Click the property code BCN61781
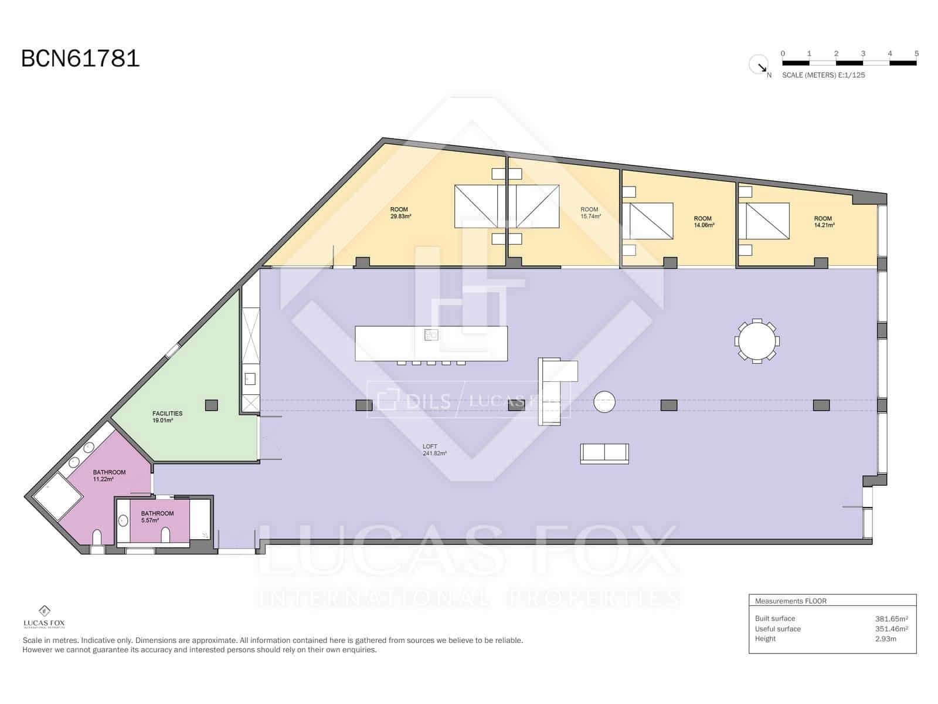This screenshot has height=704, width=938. coord(80,59)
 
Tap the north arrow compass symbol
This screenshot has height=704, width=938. coord(759,65)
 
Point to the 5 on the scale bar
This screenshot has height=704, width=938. coord(916,53)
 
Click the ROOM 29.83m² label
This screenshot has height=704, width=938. coord(400,213)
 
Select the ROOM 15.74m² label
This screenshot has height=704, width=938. coord(590,213)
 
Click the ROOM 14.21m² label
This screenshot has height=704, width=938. coord(823,222)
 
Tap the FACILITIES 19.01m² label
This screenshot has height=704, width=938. coord(167,417)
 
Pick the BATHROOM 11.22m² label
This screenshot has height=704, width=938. coord(109,476)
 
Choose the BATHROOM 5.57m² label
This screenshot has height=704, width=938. coord(157,517)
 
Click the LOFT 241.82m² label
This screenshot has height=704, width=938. coord(434,450)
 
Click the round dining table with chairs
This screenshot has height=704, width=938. coord(757,341)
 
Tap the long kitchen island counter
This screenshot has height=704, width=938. coord(431,344)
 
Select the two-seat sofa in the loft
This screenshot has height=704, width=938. coord(604,453)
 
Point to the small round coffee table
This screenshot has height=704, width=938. coord(604,402)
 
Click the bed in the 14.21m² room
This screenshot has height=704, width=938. coord(764,221)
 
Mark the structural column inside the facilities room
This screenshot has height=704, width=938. coord(212,405)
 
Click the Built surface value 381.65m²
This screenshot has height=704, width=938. coord(891,618)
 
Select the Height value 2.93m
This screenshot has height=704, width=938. coord(885,639)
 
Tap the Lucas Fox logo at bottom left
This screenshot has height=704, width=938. coord(44,617)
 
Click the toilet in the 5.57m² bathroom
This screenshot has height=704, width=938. coord(165,534)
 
